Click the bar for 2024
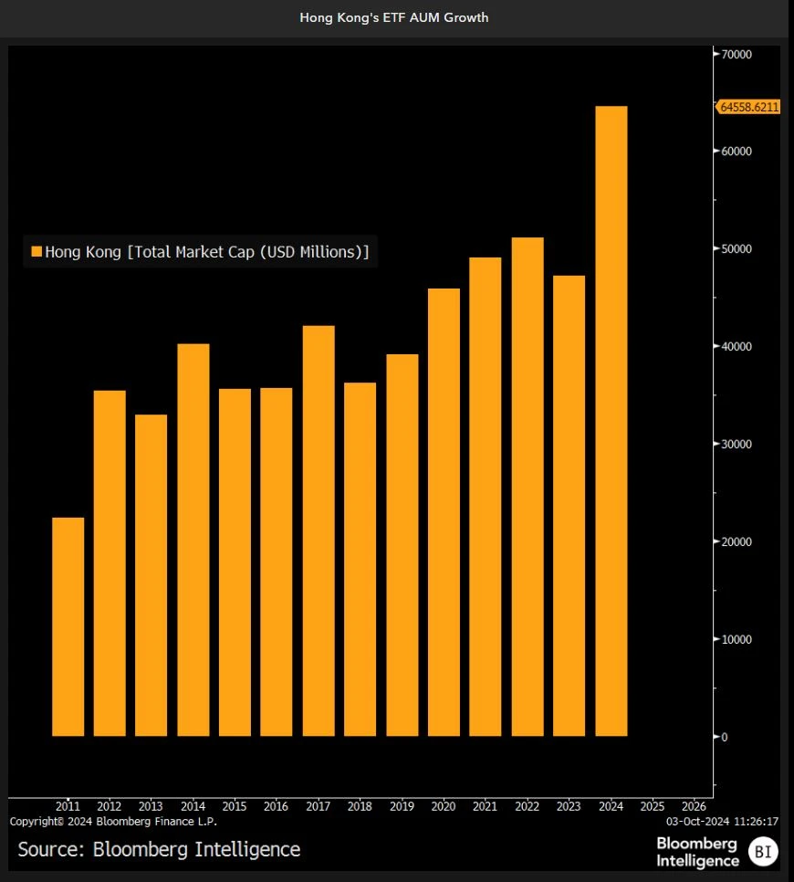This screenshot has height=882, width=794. [611, 421]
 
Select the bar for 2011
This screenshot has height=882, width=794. [68, 626]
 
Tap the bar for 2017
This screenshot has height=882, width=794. [319, 530]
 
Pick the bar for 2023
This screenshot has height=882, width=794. [569, 505]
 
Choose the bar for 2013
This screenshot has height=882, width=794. [151, 575]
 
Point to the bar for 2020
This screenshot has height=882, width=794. [444, 512]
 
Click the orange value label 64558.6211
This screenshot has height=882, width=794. [749, 107]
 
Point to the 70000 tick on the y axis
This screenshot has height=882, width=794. [736, 55]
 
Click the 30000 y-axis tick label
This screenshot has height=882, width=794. [736, 444]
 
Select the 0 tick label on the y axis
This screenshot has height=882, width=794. [725, 737]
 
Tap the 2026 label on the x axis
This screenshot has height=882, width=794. [694, 806]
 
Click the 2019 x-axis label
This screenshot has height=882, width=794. [402, 806]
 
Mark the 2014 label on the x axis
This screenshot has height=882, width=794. [193, 806]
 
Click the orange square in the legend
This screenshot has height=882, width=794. [37, 252]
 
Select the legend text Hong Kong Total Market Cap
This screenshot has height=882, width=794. [207, 252]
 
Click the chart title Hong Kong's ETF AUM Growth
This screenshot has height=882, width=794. [394, 17]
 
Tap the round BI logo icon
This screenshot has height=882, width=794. [763, 852]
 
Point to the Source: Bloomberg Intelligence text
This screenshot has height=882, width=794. [159, 849]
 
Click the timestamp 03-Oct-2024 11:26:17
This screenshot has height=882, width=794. [722, 821]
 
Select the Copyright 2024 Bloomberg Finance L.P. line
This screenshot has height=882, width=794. [113, 821]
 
